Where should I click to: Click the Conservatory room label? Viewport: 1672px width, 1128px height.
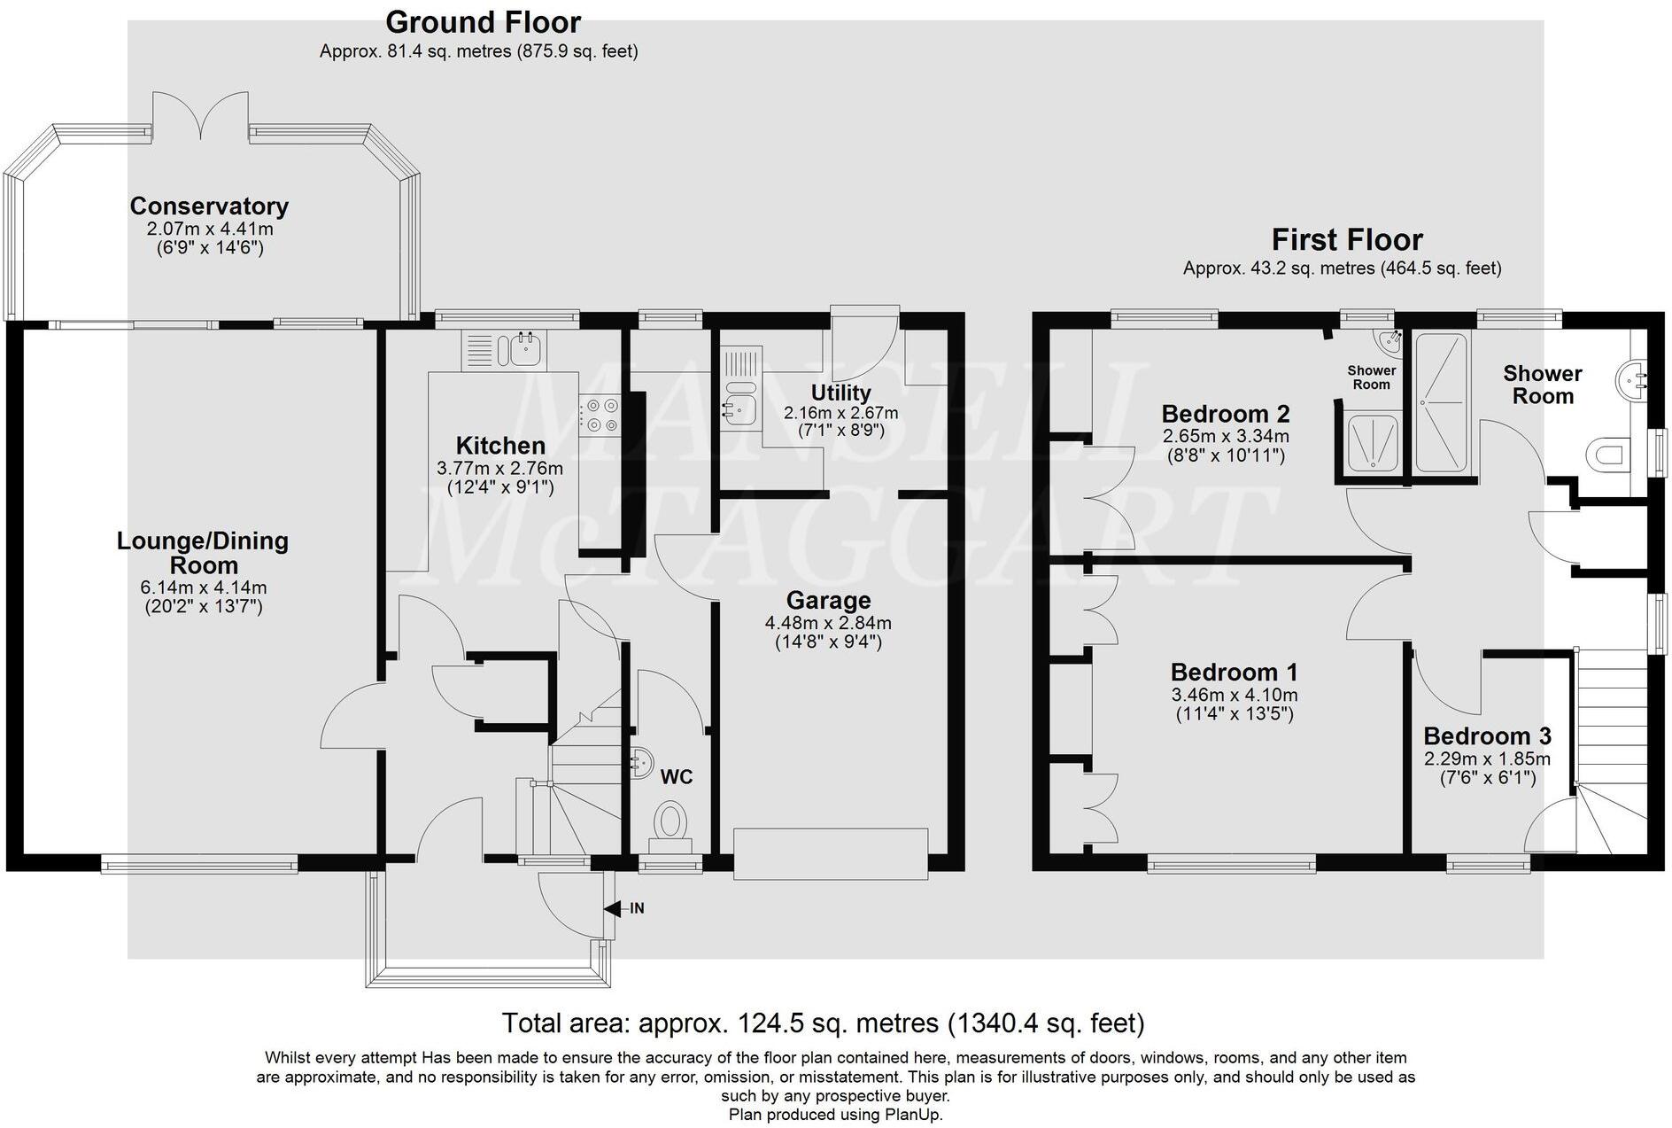tap(209, 206)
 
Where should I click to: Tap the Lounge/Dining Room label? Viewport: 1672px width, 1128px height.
tap(203, 553)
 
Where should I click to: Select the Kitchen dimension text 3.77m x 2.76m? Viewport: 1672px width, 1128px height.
tap(499, 468)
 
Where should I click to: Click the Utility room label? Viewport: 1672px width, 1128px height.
tap(840, 393)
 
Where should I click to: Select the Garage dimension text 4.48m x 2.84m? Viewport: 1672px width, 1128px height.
tap(828, 624)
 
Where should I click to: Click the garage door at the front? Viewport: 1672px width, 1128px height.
tap(831, 853)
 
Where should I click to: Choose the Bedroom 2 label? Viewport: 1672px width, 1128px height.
tap(1226, 414)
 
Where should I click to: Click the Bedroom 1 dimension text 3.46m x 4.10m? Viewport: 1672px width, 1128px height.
tap(1235, 696)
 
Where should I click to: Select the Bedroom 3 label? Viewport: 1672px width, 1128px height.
tap(1488, 736)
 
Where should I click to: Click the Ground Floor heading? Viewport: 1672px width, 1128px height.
tap(484, 22)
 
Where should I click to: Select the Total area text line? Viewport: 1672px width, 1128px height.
tap(824, 1023)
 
